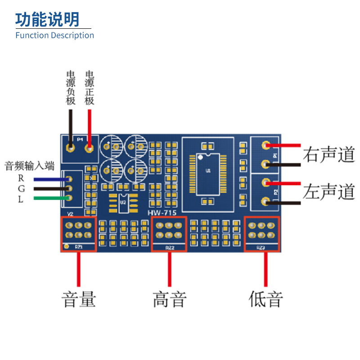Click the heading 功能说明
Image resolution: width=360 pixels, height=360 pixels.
point(47,19)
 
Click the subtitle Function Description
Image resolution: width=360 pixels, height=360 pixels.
point(54,35)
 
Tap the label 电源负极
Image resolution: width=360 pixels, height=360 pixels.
point(71,88)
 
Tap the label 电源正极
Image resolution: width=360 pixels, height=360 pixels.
point(90,88)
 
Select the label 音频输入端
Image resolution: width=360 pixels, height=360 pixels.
point(29,166)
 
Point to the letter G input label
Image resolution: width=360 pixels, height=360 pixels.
point(21,189)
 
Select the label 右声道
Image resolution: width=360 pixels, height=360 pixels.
point(329,154)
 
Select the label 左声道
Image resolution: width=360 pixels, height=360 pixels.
point(329,192)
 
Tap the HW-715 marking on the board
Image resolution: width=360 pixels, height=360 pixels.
point(162,212)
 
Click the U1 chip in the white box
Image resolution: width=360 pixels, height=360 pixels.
point(208,171)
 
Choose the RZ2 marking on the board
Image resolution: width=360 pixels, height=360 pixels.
point(169,247)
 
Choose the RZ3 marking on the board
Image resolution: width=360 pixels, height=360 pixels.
point(261,247)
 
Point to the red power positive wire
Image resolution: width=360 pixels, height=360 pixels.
point(90,126)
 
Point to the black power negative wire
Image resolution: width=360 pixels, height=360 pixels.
point(71,126)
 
